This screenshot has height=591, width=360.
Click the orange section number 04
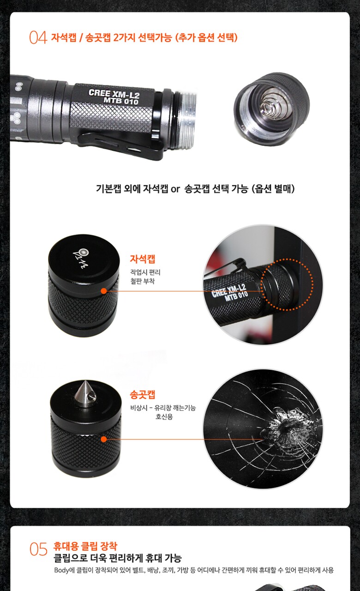pyautogui.click(x=38, y=37)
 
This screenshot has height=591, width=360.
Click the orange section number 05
pyautogui.click(x=38, y=549)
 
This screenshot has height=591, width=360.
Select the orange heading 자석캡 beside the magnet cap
pyautogui.click(x=143, y=259)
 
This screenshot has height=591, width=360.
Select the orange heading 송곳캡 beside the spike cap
pyautogui.click(x=143, y=394)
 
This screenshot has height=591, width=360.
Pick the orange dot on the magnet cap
pyautogui.click(x=104, y=291)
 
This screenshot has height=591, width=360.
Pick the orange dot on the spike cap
pyautogui.click(x=104, y=439)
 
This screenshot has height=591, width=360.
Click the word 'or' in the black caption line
pyautogui.click(x=175, y=189)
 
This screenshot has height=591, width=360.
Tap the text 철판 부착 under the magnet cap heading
pyautogui.click(x=143, y=281)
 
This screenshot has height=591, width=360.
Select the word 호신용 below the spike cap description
pyautogui.click(x=164, y=416)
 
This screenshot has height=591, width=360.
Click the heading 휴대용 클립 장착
pyautogui.click(x=85, y=546)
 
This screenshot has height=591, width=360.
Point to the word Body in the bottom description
pyautogui.click(x=61, y=570)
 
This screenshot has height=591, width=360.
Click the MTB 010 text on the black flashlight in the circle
pyautogui.click(x=236, y=296)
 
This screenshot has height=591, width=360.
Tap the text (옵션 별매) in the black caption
pyautogui.click(x=273, y=189)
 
